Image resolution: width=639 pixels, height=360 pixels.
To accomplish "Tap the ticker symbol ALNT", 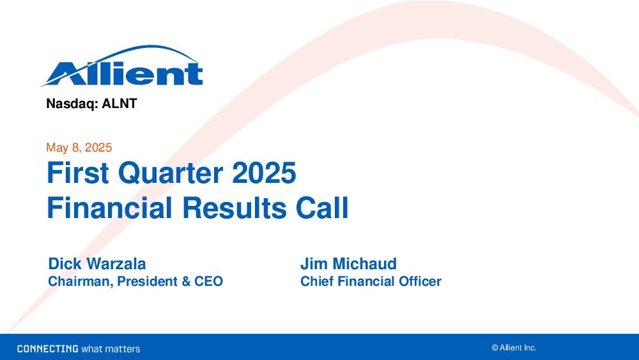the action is [x=119, y=104].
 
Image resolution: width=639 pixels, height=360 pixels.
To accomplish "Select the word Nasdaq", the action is [x=72, y=104].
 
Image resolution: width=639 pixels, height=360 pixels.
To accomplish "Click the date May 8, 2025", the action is [x=79, y=148].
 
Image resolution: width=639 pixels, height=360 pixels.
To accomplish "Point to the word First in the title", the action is [x=78, y=173].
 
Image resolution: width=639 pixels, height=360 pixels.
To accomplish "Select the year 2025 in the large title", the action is [x=264, y=173].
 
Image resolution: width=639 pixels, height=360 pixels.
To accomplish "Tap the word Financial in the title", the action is [x=110, y=208].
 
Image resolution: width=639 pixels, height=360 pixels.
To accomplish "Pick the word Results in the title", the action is [x=235, y=208].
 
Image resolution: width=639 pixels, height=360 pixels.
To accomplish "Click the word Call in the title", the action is [x=322, y=208].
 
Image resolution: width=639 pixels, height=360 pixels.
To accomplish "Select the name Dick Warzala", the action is [x=97, y=264].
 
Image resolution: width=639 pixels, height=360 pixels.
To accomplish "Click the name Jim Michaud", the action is [x=348, y=264].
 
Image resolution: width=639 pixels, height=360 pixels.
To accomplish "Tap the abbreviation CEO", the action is [x=209, y=281].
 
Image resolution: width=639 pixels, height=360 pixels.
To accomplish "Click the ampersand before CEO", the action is [x=186, y=281].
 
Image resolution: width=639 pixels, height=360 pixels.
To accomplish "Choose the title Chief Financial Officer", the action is [x=371, y=281].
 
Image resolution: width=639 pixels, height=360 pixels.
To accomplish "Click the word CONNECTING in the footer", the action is [x=48, y=349].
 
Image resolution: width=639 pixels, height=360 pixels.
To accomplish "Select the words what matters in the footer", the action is [x=111, y=349].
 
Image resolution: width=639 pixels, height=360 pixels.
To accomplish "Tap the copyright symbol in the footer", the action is [x=495, y=348].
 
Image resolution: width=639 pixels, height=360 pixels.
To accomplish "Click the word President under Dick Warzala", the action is [x=147, y=281].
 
